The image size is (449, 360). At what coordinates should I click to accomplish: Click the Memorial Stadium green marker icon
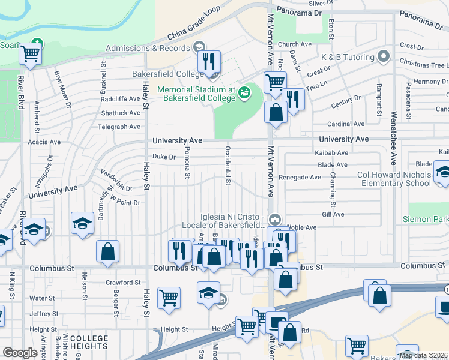pyautogui.click(x=244, y=92)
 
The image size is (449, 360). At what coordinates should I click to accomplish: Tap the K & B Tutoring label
pyautogui.click(x=348, y=57)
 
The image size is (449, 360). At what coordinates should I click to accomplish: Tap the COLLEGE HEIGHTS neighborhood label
pyautogui.click(x=89, y=343)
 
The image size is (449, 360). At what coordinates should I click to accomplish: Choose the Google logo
pyautogui.click(x=20, y=353)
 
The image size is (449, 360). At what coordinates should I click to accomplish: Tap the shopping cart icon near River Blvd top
pyautogui.click(x=29, y=54)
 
